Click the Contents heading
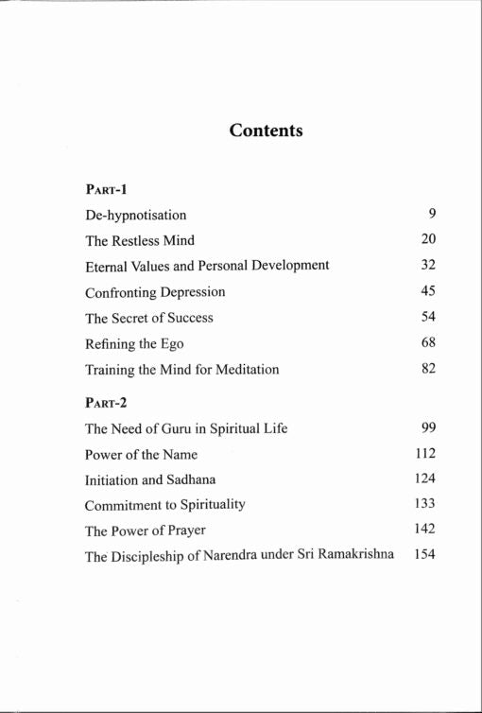[x=266, y=130]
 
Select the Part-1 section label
[x=107, y=188]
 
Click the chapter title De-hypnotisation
[x=136, y=215]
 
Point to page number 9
[x=431, y=214]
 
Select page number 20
[x=428, y=239]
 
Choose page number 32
[x=428, y=265]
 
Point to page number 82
[x=428, y=368]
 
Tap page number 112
[x=424, y=453]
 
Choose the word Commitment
[x=121, y=505]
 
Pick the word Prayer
[x=182, y=530]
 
